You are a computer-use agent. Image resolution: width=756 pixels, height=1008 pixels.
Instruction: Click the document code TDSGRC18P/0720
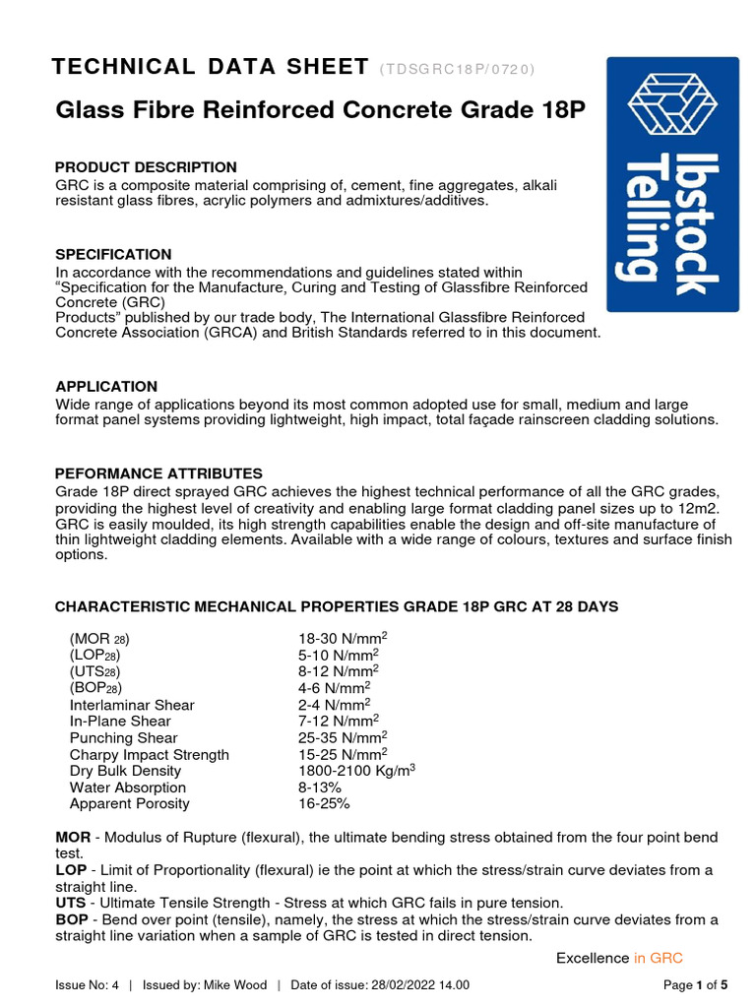point(457,69)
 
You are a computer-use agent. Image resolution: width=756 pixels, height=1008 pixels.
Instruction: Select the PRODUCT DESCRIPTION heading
point(146,167)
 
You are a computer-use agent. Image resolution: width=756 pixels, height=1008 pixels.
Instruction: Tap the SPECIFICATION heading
point(113,254)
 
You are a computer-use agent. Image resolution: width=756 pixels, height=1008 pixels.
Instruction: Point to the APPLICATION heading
point(106,387)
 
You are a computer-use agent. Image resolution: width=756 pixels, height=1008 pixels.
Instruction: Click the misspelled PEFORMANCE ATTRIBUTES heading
point(158,473)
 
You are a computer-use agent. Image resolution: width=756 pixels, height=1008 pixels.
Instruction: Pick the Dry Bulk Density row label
point(125,772)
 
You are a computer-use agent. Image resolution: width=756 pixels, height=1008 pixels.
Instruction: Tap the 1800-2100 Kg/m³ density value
point(356,771)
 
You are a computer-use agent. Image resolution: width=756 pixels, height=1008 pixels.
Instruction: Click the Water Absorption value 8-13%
point(320,787)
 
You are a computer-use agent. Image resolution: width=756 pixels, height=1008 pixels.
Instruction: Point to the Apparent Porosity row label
point(129,804)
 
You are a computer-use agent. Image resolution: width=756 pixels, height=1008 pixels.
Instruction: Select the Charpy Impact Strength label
point(149,755)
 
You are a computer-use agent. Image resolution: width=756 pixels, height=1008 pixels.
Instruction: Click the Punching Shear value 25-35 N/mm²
point(342,738)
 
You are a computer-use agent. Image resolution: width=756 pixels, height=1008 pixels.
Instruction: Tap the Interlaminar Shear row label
point(132,705)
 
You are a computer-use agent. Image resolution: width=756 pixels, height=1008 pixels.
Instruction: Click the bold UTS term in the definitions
point(71,903)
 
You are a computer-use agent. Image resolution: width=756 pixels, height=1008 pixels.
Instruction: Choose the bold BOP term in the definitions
point(72,919)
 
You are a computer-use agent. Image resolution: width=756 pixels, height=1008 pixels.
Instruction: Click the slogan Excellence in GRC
point(619,958)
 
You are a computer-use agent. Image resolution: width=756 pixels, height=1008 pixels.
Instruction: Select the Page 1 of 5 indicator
point(696,985)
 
